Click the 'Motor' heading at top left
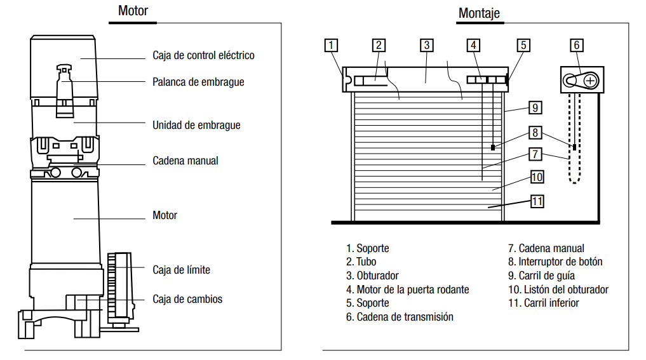tap(133, 11)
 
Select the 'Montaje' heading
tap(479, 13)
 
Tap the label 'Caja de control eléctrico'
tap(203, 55)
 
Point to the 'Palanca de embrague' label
tap(198, 82)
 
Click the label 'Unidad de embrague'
tap(196, 125)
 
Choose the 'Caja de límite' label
tap(181, 270)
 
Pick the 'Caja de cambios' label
tap(187, 298)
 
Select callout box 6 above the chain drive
tap(576, 45)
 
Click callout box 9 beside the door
tap(535, 107)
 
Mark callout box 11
tap(537, 201)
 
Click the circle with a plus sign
tap(591, 81)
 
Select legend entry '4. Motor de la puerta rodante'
tap(407, 290)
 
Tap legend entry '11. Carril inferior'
tap(543, 303)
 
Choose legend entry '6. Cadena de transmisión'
tap(400, 316)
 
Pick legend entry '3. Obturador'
tap(372, 276)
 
